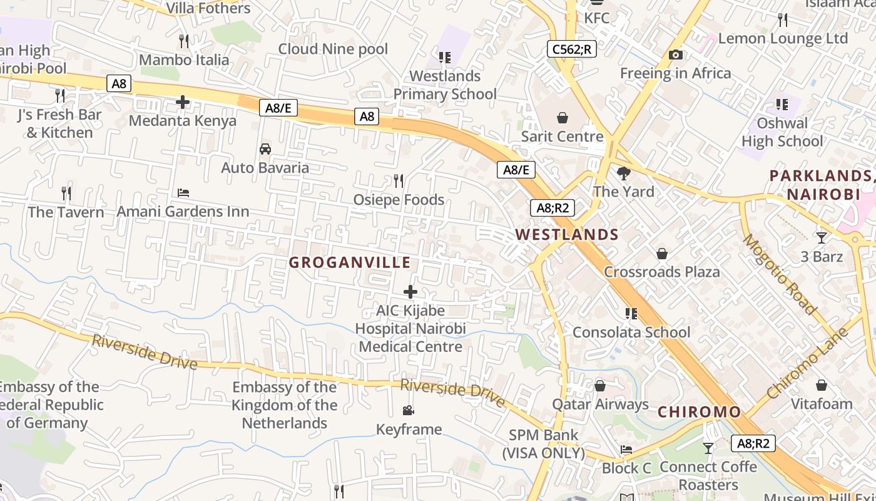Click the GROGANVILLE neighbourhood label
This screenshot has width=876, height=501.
[x=350, y=262]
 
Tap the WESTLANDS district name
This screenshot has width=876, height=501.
[x=567, y=235]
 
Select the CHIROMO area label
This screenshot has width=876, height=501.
[x=699, y=412]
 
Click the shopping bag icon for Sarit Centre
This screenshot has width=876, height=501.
[x=563, y=118]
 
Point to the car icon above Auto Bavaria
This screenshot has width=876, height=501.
[x=265, y=149]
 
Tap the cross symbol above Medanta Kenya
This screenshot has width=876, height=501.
[x=183, y=101]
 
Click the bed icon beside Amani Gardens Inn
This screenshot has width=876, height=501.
[x=183, y=193]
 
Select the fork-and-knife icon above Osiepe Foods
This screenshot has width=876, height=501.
[x=399, y=181]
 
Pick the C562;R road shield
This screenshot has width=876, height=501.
[x=571, y=49]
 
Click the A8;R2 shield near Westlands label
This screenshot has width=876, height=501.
[x=553, y=208]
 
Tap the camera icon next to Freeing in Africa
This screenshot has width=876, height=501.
[x=675, y=55]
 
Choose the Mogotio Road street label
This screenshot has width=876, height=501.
[x=780, y=274]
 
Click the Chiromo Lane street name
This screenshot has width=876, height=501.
[x=807, y=363]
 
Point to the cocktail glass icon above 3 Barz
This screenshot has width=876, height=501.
[x=822, y=238]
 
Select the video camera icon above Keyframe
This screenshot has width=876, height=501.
[x=408, y=411]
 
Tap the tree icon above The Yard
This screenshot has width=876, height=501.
[x=623, y=173]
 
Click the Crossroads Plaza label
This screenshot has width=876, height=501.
[x=661, y=272]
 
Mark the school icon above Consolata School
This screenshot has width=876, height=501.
[x=631, y=313]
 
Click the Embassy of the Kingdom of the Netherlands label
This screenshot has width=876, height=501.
[x=285, y=405]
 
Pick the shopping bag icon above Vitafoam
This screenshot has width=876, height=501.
[x=822, y=385]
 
